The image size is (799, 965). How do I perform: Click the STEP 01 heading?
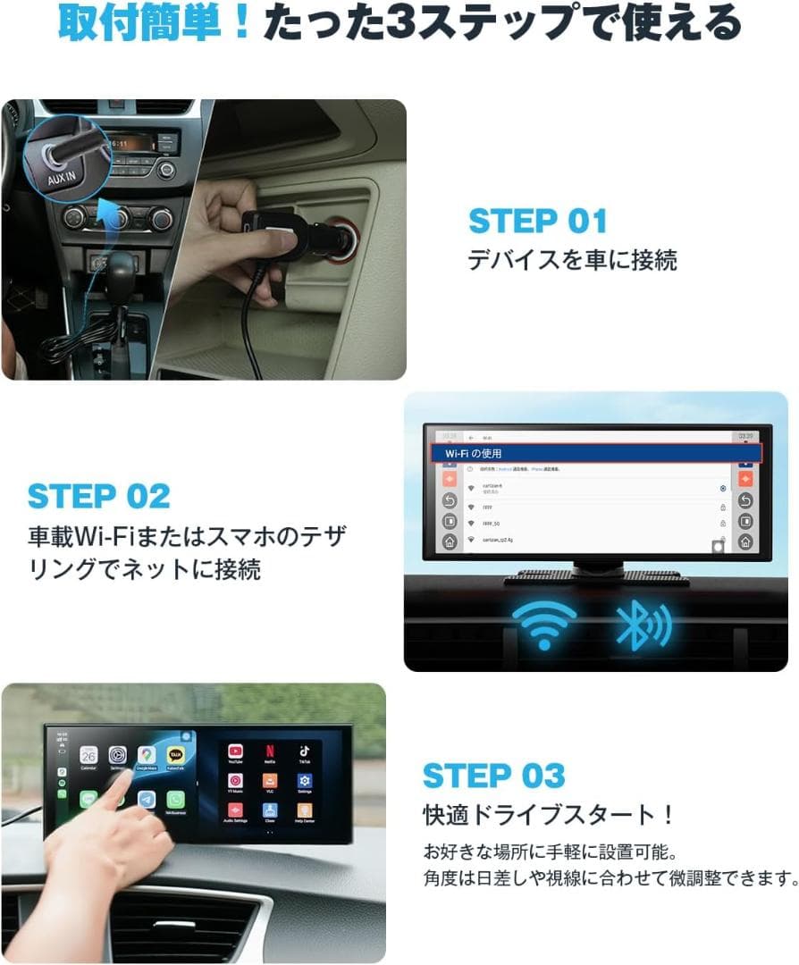point(537,221)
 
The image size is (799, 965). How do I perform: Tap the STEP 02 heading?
point(98,496)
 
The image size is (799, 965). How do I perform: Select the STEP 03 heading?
point(493,776)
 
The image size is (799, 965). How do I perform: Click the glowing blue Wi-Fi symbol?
point(543,624)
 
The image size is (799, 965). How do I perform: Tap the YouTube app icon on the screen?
point(235,752)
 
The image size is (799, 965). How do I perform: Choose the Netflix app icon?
point(269,752)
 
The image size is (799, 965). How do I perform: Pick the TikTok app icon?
point(304,752)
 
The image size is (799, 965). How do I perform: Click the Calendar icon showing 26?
point(88,755)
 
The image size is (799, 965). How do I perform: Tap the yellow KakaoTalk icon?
point(175,756)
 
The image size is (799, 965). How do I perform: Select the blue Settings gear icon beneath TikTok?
point(304,782)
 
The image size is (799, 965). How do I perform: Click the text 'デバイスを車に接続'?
point(572,260)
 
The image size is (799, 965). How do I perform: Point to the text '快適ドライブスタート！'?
point(548,816)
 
